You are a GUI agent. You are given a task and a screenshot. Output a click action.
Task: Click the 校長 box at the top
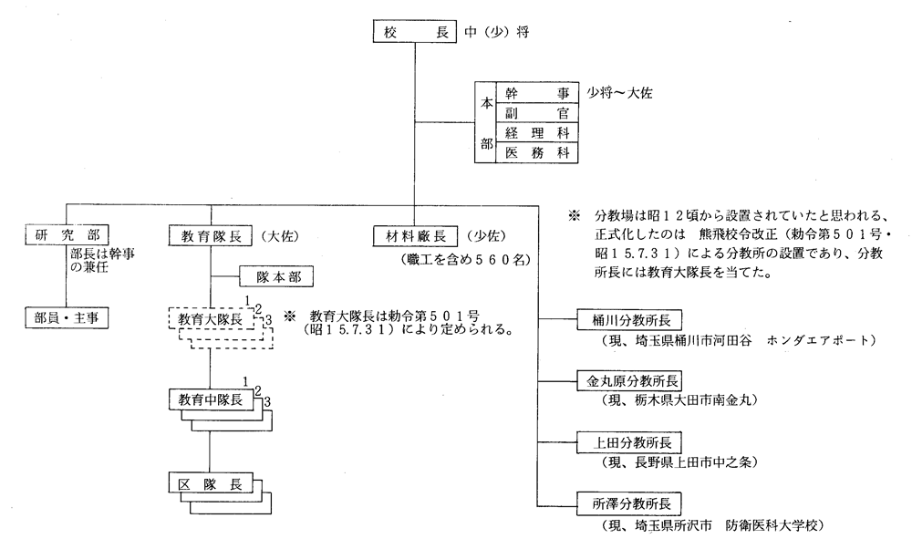[x=414, y=32]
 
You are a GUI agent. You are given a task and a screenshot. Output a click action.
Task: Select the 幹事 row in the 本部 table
[x=537, y=92]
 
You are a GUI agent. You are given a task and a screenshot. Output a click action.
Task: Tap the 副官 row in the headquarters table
[x=537, y=113]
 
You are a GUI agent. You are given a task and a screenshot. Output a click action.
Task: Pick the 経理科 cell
[x=537, y=132]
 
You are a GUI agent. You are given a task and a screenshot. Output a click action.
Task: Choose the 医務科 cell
[x=537, y=153]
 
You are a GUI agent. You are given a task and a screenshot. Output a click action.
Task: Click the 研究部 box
[x=67, y=235]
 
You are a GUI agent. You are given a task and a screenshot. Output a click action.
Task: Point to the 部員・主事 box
[x=67, y=318]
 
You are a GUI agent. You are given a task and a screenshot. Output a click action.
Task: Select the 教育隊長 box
[x=211, y=236]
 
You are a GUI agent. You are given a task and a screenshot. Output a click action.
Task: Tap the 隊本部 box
[x=276, y=276]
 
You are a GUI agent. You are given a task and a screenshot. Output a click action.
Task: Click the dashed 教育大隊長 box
[x=212, y=318]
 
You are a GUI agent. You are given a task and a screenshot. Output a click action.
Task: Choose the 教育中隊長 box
[x=212, y=400]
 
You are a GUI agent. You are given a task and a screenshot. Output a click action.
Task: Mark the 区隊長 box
[x=211, y=483]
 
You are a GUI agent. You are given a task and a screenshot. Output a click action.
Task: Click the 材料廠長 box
[x=415, y=236]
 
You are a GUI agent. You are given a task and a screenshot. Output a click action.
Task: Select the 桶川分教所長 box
[x=629, y=320]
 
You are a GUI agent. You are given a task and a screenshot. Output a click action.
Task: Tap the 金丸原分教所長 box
[x=629, y=381]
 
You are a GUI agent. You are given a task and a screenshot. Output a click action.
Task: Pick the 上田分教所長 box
[x=629, y=442]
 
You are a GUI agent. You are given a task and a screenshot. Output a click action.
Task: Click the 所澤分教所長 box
[x=629, y=503]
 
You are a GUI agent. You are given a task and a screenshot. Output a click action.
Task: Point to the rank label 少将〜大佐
[x=619, y=93]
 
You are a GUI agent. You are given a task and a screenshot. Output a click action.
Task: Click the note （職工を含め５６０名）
[x=465, y=260]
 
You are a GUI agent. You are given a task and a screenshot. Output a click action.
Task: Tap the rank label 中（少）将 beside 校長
[x=497, y=33]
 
